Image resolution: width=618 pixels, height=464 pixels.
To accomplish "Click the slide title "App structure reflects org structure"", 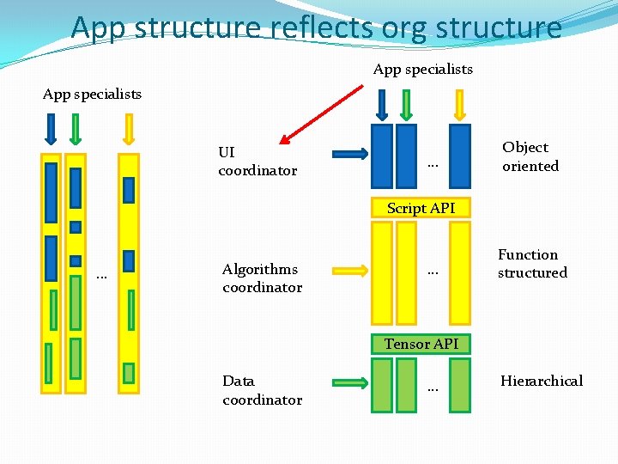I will coord(317,27).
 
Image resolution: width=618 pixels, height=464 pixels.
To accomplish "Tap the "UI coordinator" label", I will coord(257,162).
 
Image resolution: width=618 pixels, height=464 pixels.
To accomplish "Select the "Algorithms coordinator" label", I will coord(262,278).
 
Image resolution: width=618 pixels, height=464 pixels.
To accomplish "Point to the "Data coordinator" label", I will coord(262,390).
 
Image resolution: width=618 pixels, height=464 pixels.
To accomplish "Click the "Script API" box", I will coord(421,208).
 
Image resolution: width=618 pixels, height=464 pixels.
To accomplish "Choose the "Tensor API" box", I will coord(421,344).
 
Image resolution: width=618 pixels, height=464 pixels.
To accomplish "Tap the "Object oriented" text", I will coord(530,156).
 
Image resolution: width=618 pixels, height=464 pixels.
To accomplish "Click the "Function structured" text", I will coord(532,264).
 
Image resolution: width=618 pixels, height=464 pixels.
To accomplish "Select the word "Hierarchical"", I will coord(541,381).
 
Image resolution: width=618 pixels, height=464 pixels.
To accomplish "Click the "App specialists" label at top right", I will coord(422,69).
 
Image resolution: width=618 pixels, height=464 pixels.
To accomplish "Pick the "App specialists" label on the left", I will coord(92,94).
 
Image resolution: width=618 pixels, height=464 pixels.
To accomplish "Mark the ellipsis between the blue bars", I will coord(433,162).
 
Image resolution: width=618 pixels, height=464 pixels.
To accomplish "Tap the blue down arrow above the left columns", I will coord(51,129).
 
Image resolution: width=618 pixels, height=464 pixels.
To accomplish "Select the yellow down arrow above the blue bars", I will coord(459,104).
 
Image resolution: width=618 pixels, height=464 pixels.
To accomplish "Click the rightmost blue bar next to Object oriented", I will coord(461,156).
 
